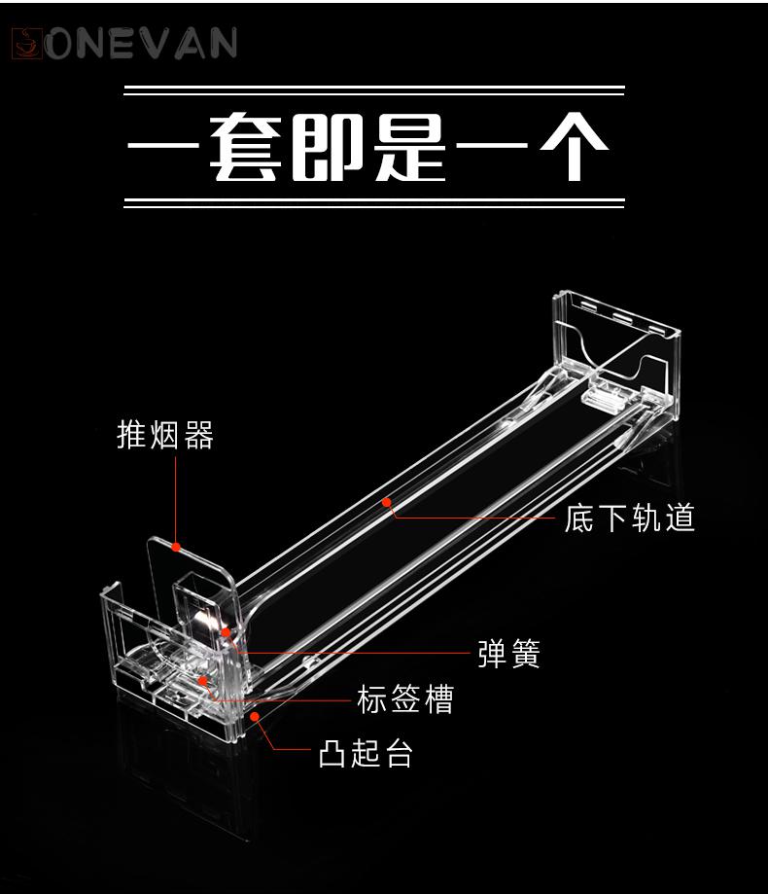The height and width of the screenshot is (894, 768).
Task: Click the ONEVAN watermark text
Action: click(141, 44)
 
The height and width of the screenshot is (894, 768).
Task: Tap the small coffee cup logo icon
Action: click(28, 44)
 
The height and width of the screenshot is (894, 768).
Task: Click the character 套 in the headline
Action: click(246, 147)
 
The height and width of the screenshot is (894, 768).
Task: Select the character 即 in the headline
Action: click(329, 147)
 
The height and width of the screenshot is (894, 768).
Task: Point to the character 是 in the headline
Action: click(409, 147)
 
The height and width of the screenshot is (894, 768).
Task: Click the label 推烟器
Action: click(165, 435)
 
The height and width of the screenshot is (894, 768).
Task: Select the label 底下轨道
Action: click(630, 518)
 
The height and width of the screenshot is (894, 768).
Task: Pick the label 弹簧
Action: click(508, 654)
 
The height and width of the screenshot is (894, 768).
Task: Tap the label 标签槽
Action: click(405, 699)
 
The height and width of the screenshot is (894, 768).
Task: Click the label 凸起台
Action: click(366, 753)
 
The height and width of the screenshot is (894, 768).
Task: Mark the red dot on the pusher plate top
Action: click(177, 547)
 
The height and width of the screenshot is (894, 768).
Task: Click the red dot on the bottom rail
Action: click(387, 502)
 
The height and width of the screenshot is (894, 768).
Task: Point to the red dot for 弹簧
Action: click(227, 632)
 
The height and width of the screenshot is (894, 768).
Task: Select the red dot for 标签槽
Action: click(202, 681)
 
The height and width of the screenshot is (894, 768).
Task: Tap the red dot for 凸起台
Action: click(256, 716)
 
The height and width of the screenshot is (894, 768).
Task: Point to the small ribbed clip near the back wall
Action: click(604, 398)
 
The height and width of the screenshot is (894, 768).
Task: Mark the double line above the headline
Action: click(374, 90)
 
